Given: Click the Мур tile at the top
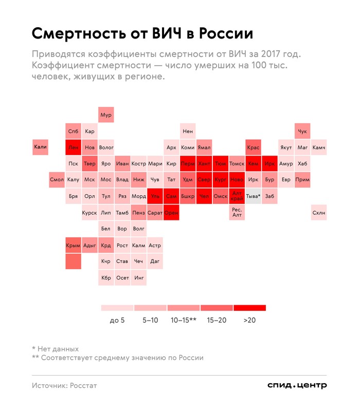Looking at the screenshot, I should tap(106, 115).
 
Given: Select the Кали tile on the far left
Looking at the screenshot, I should tap(40, 147).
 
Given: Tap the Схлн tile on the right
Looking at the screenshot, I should tap(319, 212).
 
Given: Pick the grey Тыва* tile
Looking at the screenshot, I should tap(253, 196).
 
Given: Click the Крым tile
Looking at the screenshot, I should tap(73, 246).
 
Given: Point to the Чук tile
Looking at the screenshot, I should tap(302, 131).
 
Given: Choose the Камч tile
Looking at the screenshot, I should tap(319, 147).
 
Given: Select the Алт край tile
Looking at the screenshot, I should tap(237, 196).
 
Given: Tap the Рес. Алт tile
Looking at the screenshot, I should tap(237, 212).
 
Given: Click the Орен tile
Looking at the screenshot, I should tap(171, 212).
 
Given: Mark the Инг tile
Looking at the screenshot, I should tap(139, 278).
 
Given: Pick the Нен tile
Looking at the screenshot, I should tap(188, 131).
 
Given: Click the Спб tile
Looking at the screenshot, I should tap(73, 131).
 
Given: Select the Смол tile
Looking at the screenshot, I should tap(57, 180).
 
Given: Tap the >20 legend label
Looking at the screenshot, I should tap(249, 320).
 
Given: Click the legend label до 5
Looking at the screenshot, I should tap(117, 320).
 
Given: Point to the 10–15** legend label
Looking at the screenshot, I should tap(184, 320).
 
